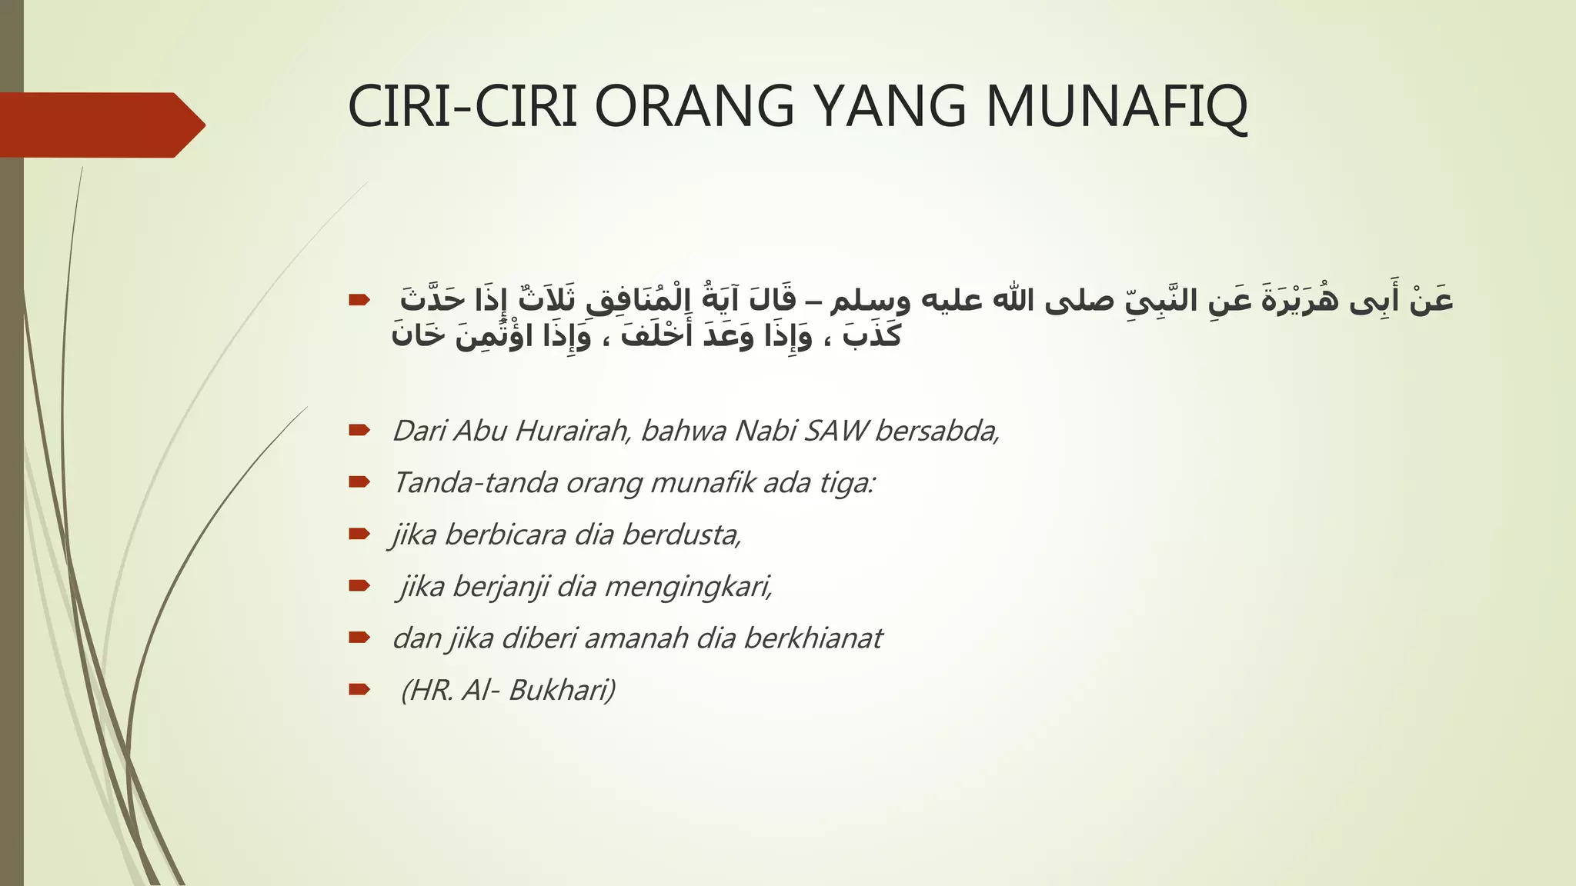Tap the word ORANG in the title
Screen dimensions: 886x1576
pos(694,108)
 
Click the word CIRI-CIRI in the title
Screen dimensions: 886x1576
pos(462,108)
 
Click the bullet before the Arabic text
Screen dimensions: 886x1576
pos(359,300)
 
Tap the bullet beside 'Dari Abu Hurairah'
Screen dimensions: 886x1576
pos(359,430)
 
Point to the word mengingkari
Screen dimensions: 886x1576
pos(689,587)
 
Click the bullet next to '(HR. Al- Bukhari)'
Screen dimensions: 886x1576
pos(359,690)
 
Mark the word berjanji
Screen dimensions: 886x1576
pos(501,587)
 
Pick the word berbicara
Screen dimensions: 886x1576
pos(506,535)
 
